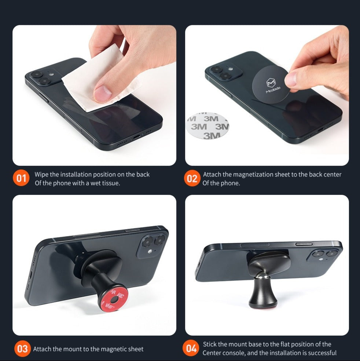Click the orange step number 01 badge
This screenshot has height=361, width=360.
tap(22, 179)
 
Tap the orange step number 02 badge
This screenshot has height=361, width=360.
tap(192, 179)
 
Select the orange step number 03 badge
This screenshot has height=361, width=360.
tap(22, 349)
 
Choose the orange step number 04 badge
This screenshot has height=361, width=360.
tap(191, 349)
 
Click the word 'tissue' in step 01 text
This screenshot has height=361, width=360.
tap(109, 183)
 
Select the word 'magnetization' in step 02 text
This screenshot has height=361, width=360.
tap(253, 175)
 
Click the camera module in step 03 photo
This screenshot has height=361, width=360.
tap(151, 245)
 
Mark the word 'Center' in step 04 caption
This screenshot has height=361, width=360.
tap(211, 353)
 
